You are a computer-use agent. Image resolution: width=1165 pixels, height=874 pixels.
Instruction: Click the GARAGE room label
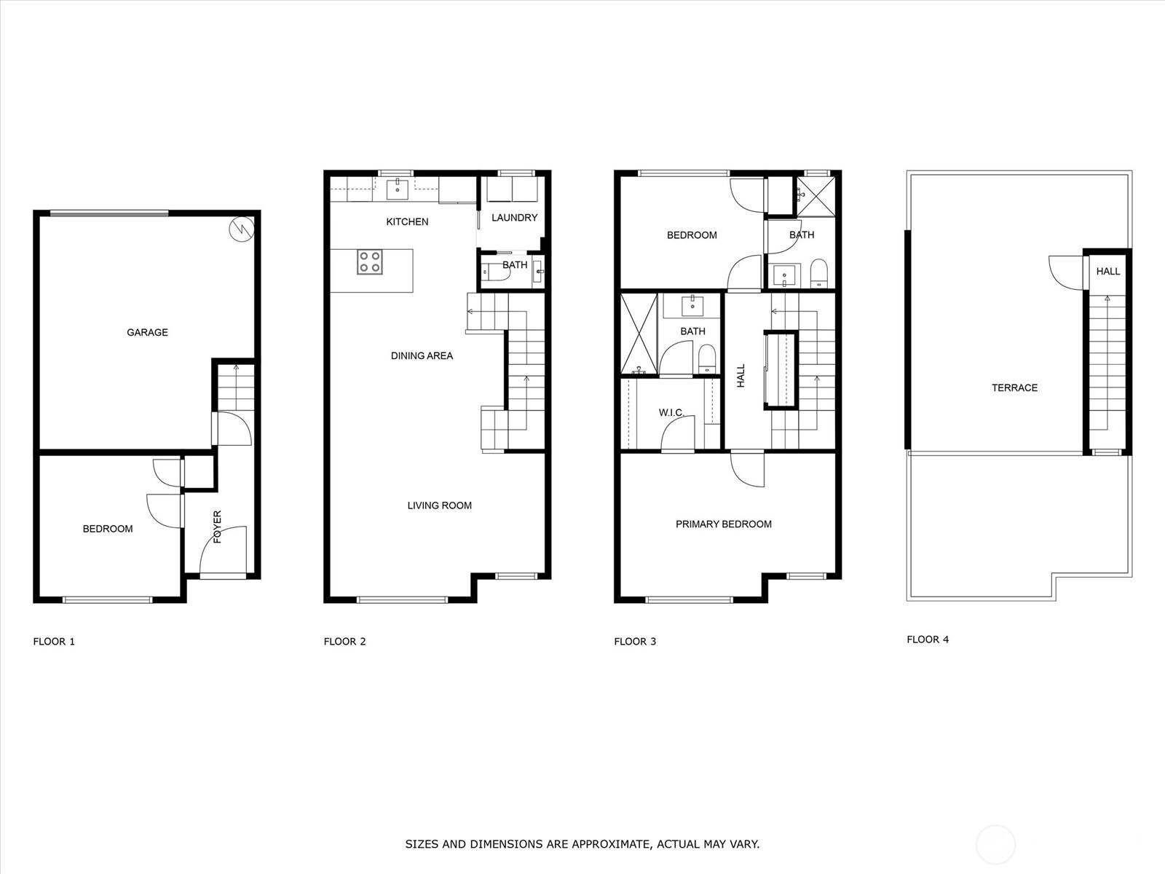147,332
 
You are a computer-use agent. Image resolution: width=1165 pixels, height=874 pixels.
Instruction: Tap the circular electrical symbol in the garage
242,229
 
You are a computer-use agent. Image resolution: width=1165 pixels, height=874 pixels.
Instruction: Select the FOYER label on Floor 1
217,527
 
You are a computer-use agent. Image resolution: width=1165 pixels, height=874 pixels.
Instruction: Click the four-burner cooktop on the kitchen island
369,262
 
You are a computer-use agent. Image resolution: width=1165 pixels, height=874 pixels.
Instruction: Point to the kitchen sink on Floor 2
398,187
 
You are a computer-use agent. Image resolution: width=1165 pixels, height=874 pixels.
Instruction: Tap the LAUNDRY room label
514,218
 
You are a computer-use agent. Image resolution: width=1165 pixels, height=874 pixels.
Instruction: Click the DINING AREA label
422,355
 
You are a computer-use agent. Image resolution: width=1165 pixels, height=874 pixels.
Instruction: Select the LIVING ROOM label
440,505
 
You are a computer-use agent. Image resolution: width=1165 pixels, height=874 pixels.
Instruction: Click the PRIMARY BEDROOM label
724,524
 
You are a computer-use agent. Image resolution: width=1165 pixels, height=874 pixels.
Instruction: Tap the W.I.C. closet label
671,412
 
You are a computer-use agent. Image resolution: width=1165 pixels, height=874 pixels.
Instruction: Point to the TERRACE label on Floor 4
1015,388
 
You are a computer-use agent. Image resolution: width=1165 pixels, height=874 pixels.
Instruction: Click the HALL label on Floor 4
1108,271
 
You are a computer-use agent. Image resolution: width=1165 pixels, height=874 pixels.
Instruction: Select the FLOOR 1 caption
54,642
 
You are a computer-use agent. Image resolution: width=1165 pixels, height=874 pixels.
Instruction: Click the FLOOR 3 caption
636,642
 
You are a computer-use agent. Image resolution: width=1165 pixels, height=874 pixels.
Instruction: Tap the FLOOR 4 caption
928,639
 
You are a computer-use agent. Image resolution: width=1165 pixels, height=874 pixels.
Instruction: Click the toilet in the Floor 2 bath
497,272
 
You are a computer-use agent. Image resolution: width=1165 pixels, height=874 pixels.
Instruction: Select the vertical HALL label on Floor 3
741,375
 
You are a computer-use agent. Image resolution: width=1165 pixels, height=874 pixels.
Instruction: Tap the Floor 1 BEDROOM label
108,529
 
